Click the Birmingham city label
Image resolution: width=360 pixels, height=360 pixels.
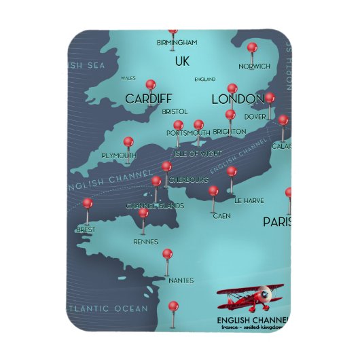click(x=177, y=42)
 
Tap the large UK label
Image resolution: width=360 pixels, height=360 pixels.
click(x=181, y=62)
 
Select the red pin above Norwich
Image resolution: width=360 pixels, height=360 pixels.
click(x=252, y=48)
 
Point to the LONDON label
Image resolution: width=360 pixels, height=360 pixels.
click(x=237, y=99)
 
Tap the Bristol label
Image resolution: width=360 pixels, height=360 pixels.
click(x=175, y=111)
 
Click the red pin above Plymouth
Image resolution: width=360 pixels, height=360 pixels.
click(x=127, y=142)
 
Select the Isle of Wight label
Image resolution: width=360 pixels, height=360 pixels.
click(x=198, y=154)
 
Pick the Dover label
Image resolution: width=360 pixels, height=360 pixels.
click(x=255, y=116)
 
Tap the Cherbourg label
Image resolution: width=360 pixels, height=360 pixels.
click(x=187, y=179)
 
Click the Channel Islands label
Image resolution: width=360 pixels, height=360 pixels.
click(x=155, y=205)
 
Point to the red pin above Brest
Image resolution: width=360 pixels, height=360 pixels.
click(x=87, y=203)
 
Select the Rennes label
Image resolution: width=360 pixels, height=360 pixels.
click(x=146, y=241)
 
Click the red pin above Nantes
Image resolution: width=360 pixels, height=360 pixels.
click(x=168, y=254)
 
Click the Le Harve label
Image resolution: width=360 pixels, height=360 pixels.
click(x=249, y=201)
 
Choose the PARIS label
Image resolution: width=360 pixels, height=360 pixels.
click(x=276, y=222)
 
